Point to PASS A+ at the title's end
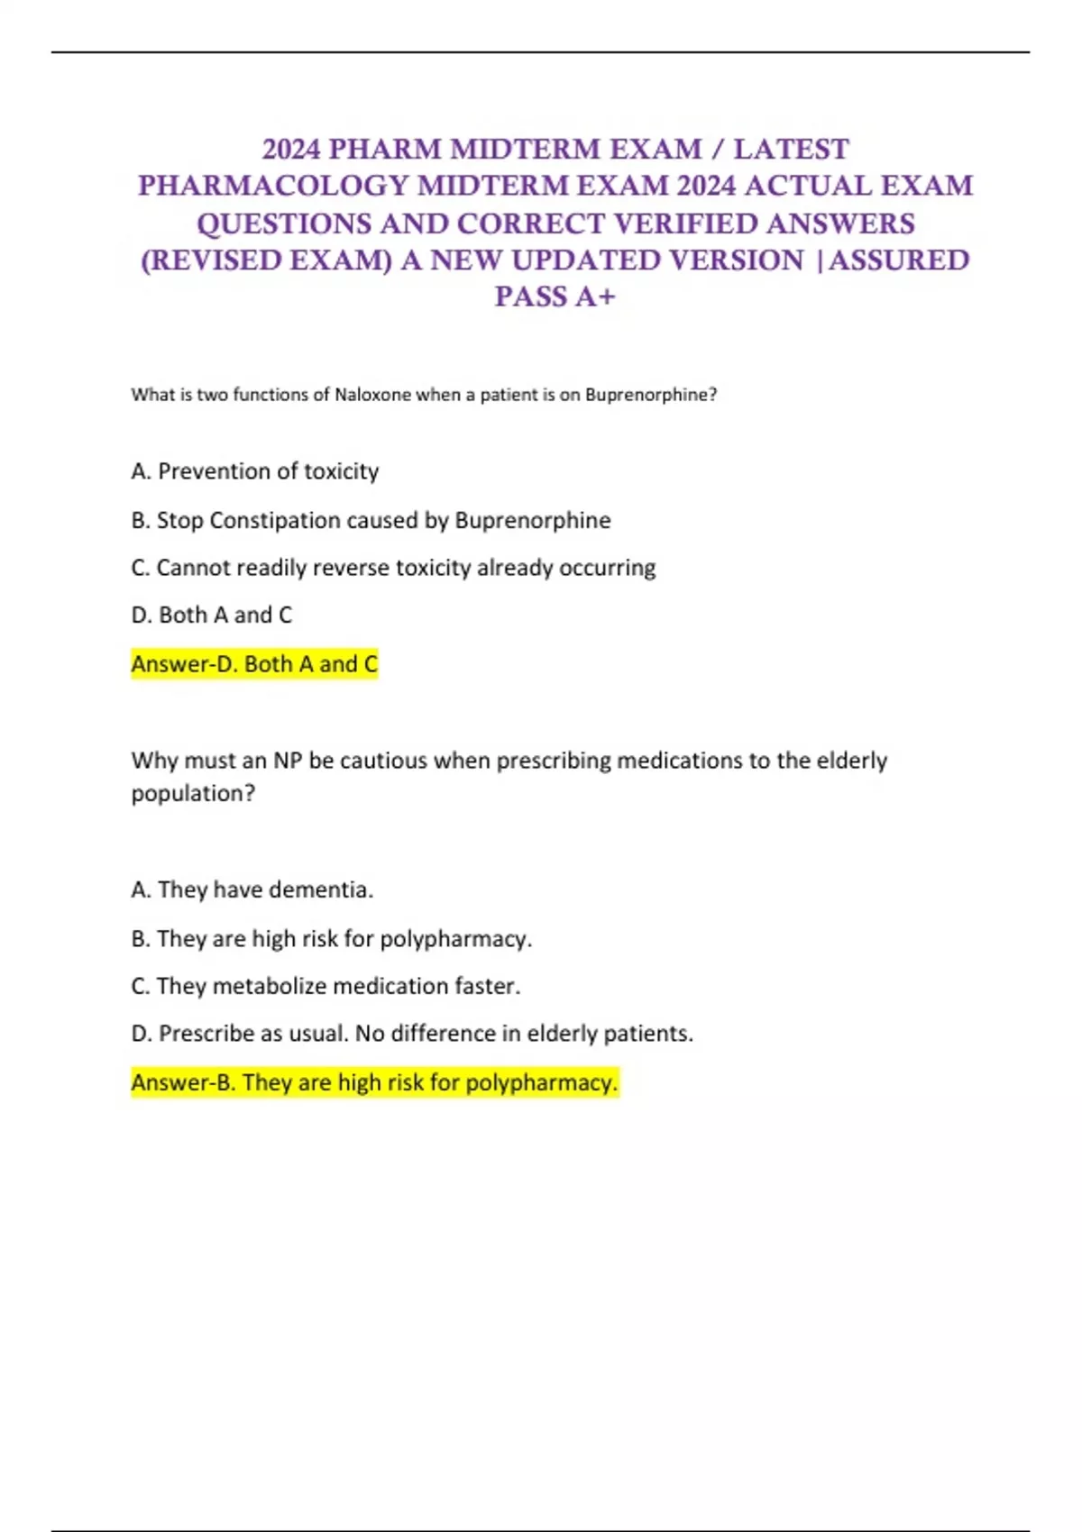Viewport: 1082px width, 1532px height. click(x=555, y=296)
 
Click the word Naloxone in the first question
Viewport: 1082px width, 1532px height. click(x=372, y=395)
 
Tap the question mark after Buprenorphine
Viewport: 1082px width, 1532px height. click(x=712, y=395)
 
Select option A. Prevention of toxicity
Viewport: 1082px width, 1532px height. click(x=255, y=471)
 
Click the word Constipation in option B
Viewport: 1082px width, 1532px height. click(x=281, y=520)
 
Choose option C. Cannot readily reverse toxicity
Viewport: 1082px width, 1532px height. click(x=393, y=568)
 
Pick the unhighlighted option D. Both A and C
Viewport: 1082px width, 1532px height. click(x=212, y=615)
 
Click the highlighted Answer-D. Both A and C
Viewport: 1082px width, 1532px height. click(x=254, y=664)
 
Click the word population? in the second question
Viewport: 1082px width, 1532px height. click(x=193, y=793)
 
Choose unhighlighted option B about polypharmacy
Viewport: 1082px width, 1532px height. click(x=332, y=938)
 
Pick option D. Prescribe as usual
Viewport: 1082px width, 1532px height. click(x=412, y=1033)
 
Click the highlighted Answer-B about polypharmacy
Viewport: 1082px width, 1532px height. click(x=374, y=1081)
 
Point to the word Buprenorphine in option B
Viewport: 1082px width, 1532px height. click(x=532, y=520)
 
